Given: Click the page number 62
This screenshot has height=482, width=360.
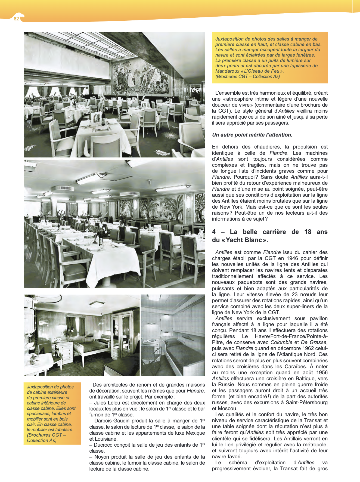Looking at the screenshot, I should tap(16, 19).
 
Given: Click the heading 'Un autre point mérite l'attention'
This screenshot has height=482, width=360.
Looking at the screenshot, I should tap(252, 135).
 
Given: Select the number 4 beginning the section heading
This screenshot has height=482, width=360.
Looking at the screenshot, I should tap(214, 232).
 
